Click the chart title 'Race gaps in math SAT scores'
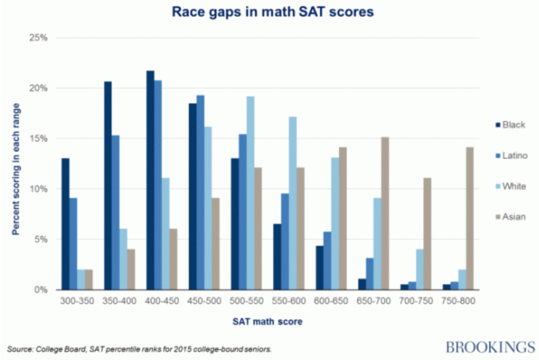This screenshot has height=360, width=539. click(269, 12)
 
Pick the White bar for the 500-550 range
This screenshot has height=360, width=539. click(250, 193)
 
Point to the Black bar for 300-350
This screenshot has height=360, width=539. click(65, 224)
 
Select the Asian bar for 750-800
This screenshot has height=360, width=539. click(470, 218)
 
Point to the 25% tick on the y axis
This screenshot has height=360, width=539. click(38, 38)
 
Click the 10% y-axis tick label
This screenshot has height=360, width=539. click(38, 189)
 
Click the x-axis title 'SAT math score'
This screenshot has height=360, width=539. click(269, 321)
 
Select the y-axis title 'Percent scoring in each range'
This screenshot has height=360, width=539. click(14, 164)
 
